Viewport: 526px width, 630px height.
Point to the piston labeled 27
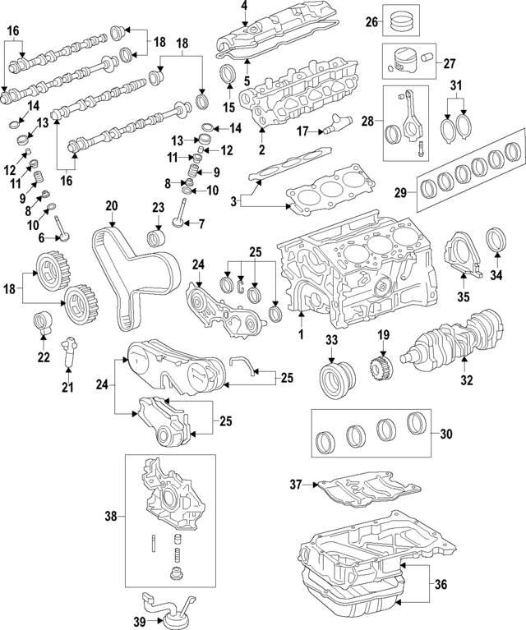[x=404, y=63]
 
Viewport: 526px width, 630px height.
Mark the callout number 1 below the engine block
[x=300, y=335]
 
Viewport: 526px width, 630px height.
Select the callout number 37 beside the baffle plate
[x=298, y=485]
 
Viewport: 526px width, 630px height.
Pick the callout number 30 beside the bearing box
[x=446, y=435]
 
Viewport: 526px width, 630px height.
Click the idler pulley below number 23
[x=155, y=240]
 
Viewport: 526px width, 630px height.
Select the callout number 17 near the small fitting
[x=302, y=131]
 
